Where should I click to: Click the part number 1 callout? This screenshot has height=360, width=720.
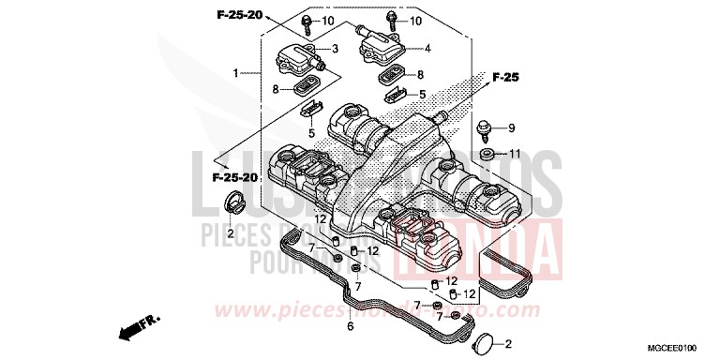[x=236, y=72]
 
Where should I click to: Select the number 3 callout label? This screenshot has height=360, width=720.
[x=335, y=49]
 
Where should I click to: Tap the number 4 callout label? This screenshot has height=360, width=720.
[x=427, y=48]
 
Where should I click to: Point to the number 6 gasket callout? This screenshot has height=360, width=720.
[x=350, y=327]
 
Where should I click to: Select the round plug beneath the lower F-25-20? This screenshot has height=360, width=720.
[x=235, y=201]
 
